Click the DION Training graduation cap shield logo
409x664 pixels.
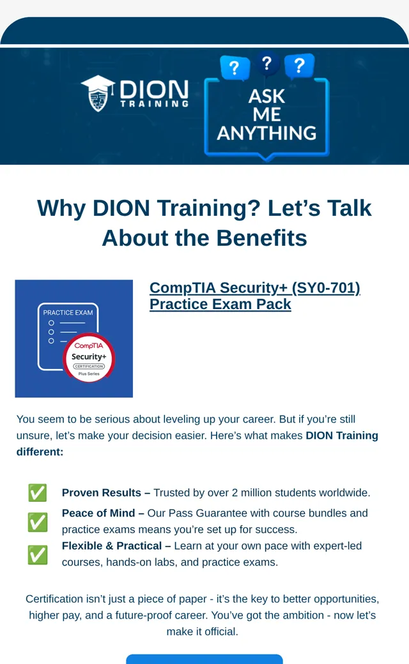pyautogui.click(x=98, y=93)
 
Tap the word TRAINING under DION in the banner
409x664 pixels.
pyautogui.click(x=154, y=103)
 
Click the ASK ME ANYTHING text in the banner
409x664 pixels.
pyautogui.click(x=267, y=114)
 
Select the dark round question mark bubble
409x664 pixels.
pyautogui.click(x=266, y=63)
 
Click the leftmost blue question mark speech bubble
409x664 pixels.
pyautogui.click(x=235, y=67)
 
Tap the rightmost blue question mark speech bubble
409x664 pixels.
pyautogui.click(x=299, y=66)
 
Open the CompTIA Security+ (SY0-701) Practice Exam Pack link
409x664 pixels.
pyautogui.click(x=255, y=296)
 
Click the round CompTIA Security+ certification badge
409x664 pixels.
pyautogui.click(x=89, y=358)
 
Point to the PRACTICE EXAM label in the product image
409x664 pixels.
pyautogui.click(x=68, y=312)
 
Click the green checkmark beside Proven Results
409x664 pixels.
pyautogui.click(x=37, y=492)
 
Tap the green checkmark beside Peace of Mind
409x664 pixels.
pyautogui.click(x=37, y=522)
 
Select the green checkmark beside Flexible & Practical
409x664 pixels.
pyautogui.click(x=37, y=554)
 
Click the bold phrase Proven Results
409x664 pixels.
pyautogui.click(x=102, y=493)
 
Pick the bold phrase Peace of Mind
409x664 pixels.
pyautogui.click(x=98, y=513)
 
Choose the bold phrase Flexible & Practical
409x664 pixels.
pyautogui.click(x=112, y=546)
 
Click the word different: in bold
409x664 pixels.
pyautogui.click(x=40, y=452)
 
